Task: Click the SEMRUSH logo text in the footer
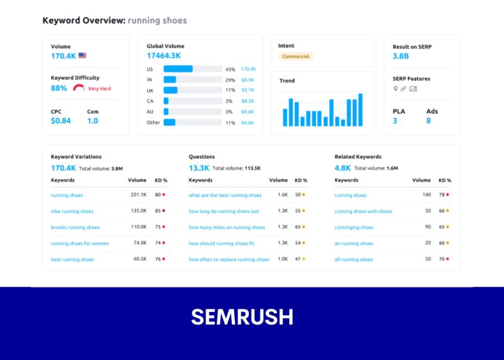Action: click(242, 317)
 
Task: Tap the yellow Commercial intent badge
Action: click(295, 56)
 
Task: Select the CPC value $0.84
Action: click(60, 120)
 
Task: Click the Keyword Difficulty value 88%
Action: click(59, 88)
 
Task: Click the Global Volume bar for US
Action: click(178, 69)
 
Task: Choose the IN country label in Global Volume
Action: click(149, 79)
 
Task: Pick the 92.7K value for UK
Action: click(247, 90)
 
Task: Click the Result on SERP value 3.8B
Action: click(401, 56)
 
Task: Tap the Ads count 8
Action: click(428, 120)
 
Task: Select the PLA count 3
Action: click(395, 120)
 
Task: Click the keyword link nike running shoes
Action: click(72, 211)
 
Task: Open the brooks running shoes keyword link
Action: click(75, 227)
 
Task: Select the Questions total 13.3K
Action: click(198, 168)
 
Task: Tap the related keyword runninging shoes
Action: click(353, 227)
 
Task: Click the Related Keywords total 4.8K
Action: click(343, 168)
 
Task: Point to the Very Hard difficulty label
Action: click(99, 89)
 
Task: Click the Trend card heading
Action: click(287, 81)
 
